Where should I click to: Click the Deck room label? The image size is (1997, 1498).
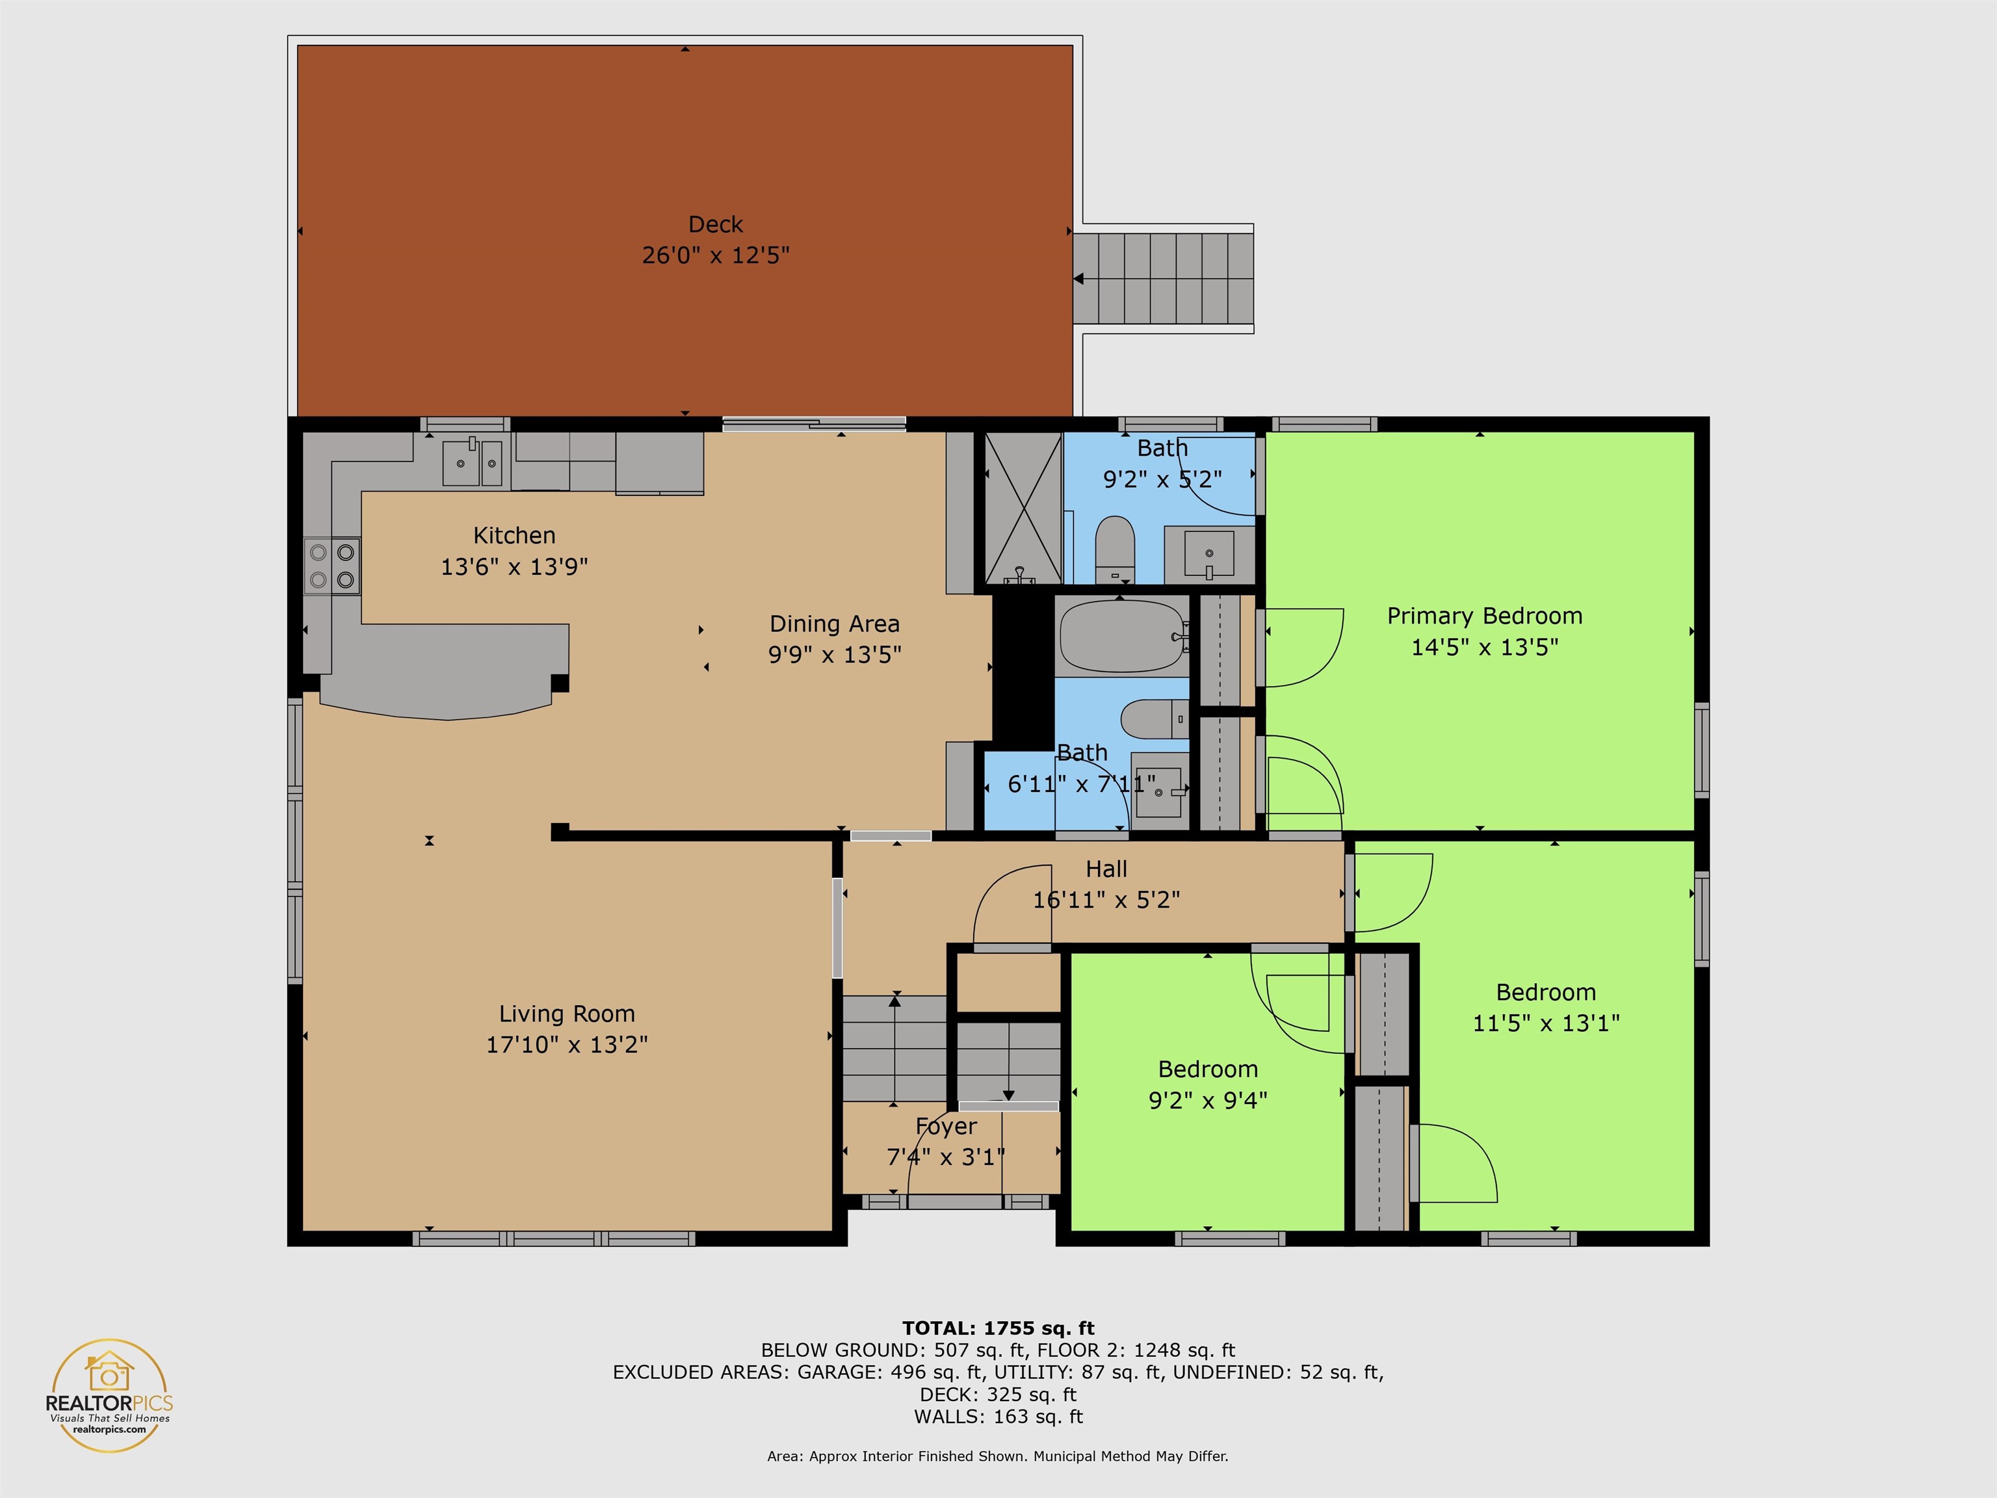715,224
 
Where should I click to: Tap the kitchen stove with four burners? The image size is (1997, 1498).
332,566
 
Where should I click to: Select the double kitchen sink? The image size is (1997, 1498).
472,462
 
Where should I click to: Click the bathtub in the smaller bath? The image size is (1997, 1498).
1122,637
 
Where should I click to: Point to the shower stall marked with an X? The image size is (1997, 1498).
1023,509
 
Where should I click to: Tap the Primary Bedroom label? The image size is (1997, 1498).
1484,616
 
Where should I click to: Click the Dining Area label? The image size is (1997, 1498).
834,624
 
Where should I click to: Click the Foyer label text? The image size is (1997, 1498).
945,1127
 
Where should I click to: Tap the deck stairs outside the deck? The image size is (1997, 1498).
1163,278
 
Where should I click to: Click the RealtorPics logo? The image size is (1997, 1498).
109,1395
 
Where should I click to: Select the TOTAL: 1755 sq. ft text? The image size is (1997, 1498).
998,1328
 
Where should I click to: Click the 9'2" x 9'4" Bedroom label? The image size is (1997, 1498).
1208,1069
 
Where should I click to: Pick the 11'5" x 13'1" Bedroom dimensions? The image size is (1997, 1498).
1546,1023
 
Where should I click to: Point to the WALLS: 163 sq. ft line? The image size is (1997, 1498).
998,1417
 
